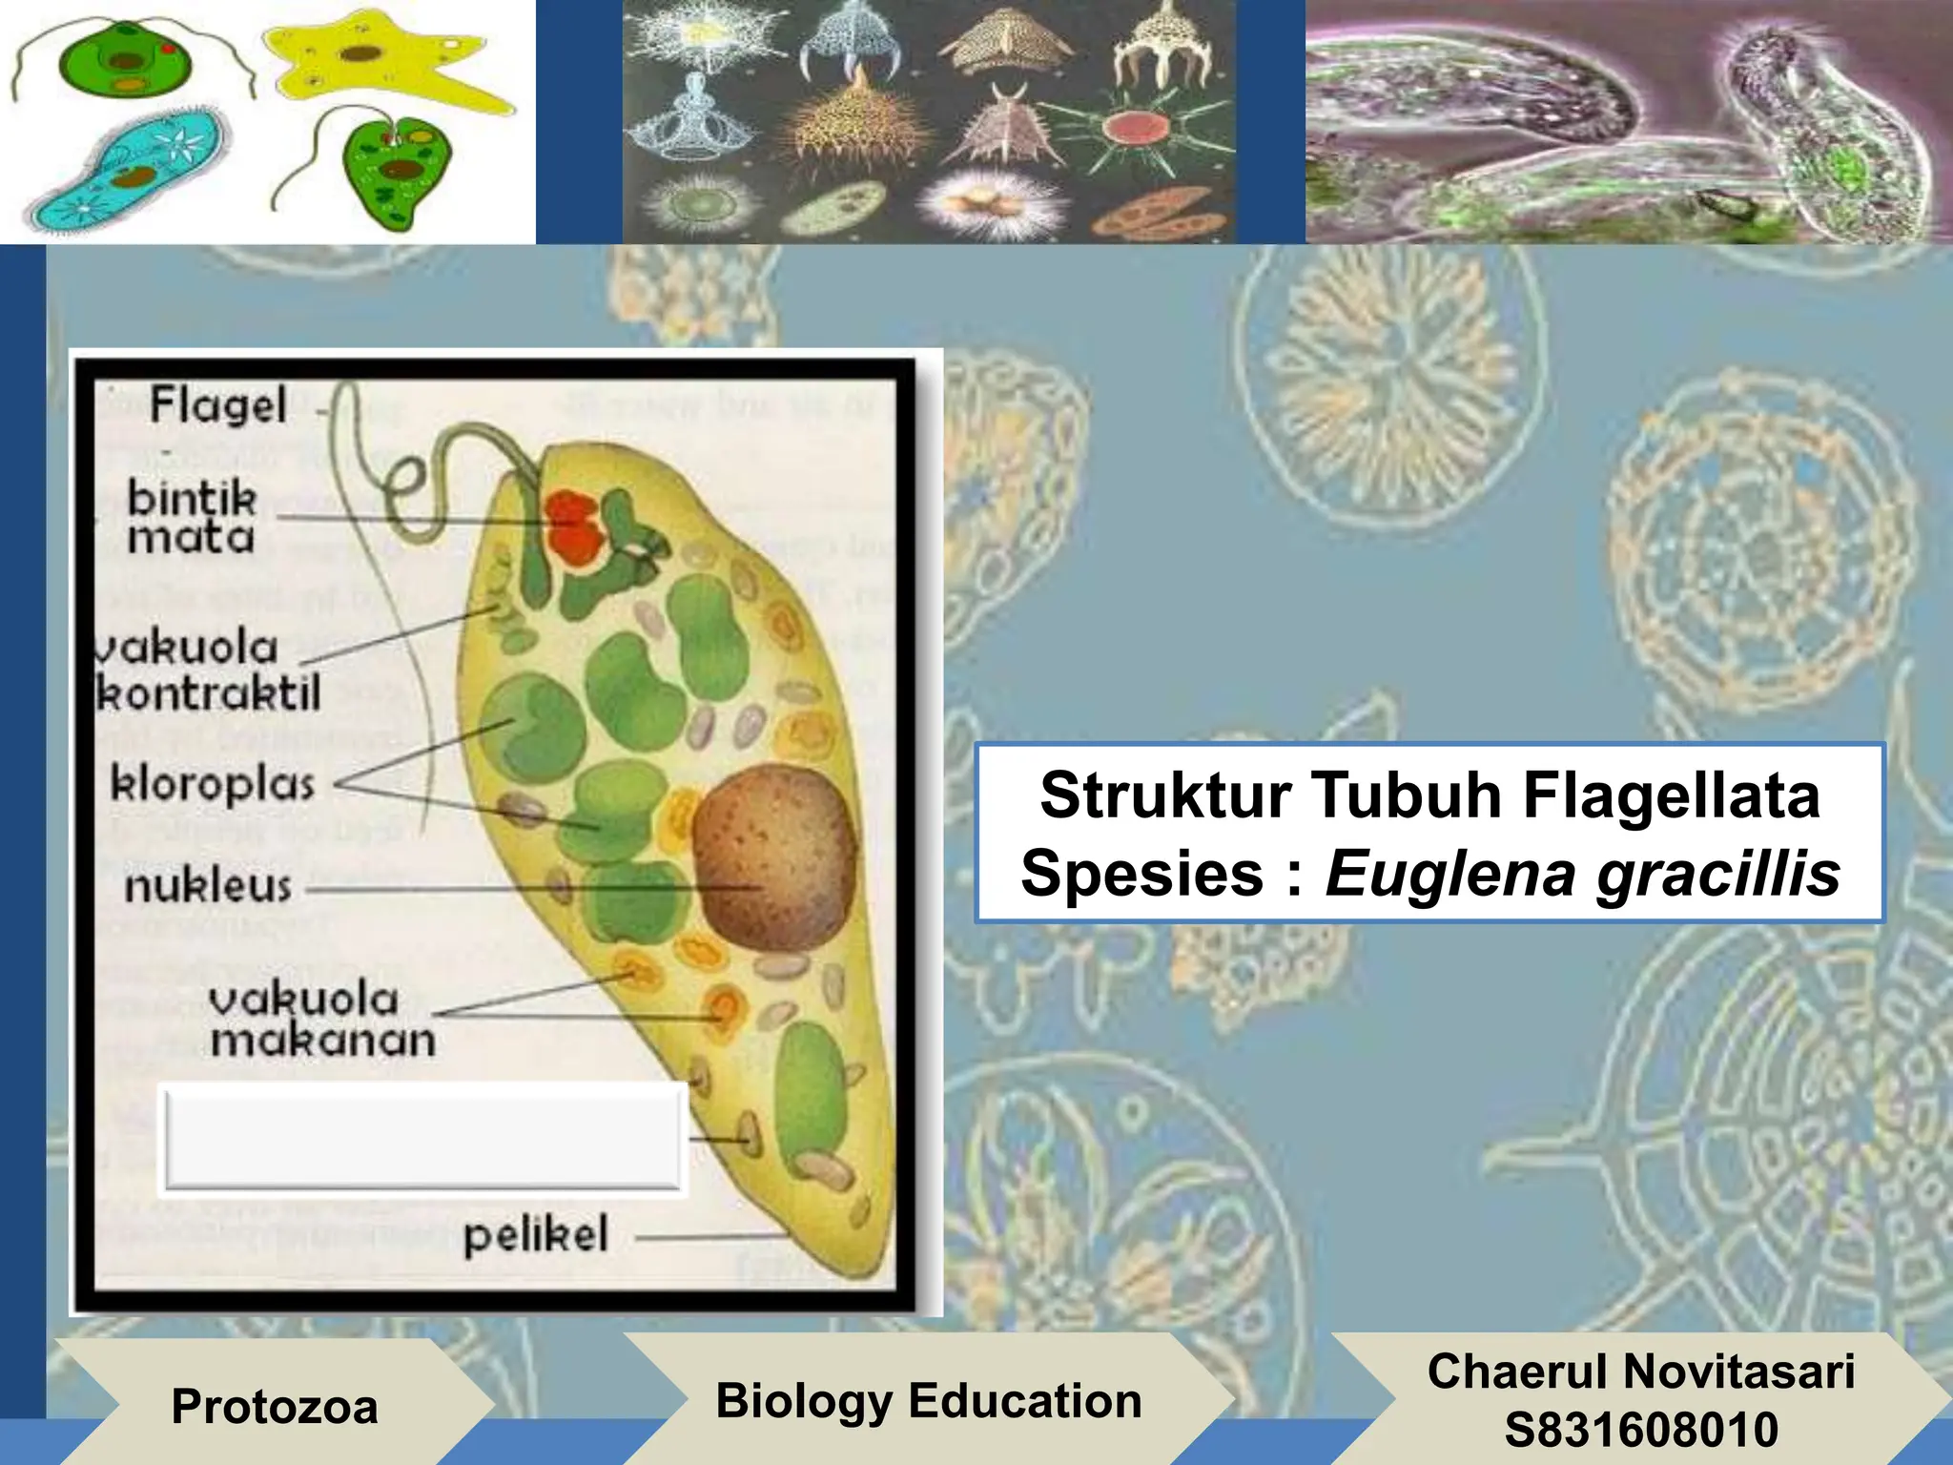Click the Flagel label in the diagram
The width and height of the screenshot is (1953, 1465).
[x=218, y=405]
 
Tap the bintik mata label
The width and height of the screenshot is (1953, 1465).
[x=192, y=518]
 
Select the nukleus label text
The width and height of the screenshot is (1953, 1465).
[x=208, y=886]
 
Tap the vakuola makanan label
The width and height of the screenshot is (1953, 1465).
[x=321, y=1020]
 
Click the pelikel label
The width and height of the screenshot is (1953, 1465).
[x=535, y=1235]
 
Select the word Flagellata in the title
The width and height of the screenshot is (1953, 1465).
[x=1671, y=794]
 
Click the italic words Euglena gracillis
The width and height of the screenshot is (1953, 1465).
[x=1582, y=873]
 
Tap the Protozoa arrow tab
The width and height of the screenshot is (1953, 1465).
[x=274, y=1406]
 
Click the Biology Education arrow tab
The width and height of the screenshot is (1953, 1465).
[x=928, y=1400]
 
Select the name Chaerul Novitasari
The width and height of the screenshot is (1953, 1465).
[x=1641, y=1371]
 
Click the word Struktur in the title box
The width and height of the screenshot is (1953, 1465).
[x=1165, y=794]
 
